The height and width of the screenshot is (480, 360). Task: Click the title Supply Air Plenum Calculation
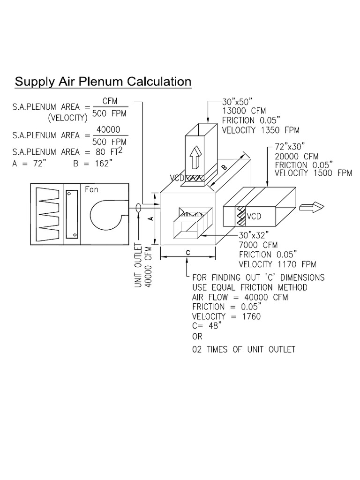[103, 82]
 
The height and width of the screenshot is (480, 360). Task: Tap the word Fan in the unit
[91, 190]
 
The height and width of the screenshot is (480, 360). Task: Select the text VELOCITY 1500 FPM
[313, 173]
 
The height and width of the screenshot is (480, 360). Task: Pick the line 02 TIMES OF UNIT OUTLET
[244, 350]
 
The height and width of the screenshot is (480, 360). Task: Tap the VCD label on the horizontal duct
[254, 216]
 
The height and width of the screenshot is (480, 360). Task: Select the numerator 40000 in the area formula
[109, 129]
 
